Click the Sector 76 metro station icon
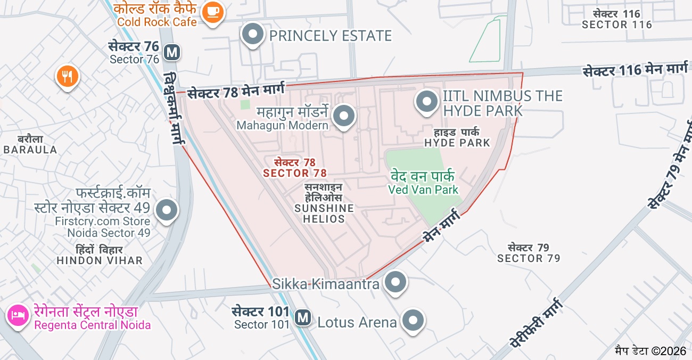[171, 52]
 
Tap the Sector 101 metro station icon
[303, 317]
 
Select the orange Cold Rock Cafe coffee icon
[213, 11]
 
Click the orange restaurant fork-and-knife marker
[67, 77]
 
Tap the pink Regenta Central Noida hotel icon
[18, 315]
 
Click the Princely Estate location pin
[253, 35]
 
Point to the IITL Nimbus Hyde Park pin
[426, 102]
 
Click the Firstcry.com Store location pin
[167, 210]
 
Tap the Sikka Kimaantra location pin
[396, 282]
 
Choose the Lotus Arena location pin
[413, 321]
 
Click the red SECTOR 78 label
[295, 168]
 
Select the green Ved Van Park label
[423, 182]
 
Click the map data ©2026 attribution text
[650, 351]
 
